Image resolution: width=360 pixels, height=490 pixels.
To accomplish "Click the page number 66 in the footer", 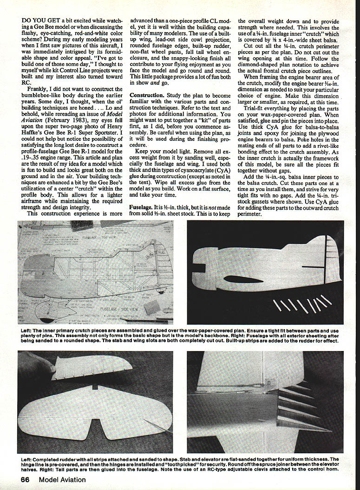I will click(x=25, y=479).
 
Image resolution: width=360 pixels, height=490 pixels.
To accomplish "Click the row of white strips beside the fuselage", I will click(x=302, y=305).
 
